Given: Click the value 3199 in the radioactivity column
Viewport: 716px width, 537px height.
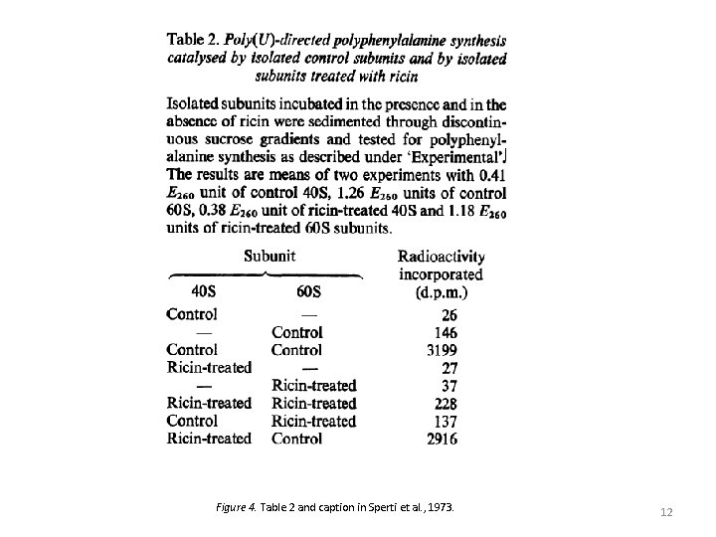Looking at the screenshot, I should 442,350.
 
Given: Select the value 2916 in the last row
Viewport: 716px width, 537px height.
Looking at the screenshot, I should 442,439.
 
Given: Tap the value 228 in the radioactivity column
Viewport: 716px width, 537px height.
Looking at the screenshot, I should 446,403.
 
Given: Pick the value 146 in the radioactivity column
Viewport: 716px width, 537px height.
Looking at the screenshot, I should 446,332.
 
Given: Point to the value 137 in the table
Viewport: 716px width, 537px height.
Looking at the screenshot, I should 446,421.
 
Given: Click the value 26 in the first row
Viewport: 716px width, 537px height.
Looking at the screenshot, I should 449,314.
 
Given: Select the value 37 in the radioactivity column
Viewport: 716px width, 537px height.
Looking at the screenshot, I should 449,386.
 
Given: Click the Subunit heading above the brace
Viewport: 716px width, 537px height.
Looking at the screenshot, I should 269,256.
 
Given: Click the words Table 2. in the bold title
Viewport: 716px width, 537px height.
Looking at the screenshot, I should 194,41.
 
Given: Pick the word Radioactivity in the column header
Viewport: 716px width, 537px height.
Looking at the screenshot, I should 442,257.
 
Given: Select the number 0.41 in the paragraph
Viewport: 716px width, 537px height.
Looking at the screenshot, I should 490,174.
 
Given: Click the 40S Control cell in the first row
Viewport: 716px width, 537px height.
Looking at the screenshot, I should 192,314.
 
